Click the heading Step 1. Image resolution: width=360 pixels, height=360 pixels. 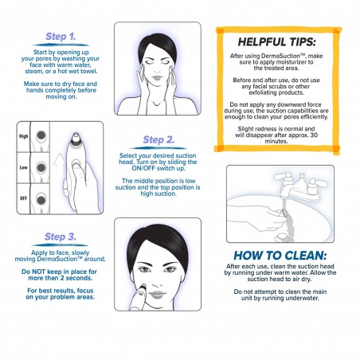tap(61, 37)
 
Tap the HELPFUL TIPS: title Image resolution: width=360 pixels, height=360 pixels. tap(283, 40)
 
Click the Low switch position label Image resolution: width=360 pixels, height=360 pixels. tap(24, 168)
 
